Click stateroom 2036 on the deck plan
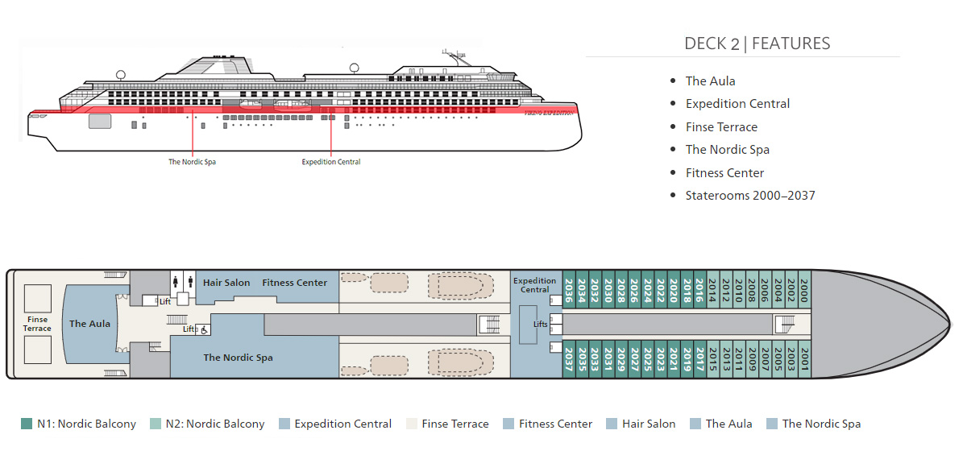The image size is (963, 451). point(570,290)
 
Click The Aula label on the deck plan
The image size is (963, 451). point(89,324)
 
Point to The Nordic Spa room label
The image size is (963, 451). point(238,358)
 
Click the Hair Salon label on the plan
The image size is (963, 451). point(226,283)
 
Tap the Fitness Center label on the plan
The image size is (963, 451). point(294,283)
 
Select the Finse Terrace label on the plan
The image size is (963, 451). point(37,324)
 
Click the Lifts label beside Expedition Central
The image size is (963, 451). point(540,324)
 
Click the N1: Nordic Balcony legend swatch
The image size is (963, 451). point(27,424)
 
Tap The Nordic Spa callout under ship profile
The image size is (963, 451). point(192,162)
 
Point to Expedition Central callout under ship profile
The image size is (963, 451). point(330,162)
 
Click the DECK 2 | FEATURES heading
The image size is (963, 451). point(757,43)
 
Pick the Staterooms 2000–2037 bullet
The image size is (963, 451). point(749,195)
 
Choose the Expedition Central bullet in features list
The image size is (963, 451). point(737,103)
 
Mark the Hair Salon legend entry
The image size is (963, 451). point(649,424)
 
